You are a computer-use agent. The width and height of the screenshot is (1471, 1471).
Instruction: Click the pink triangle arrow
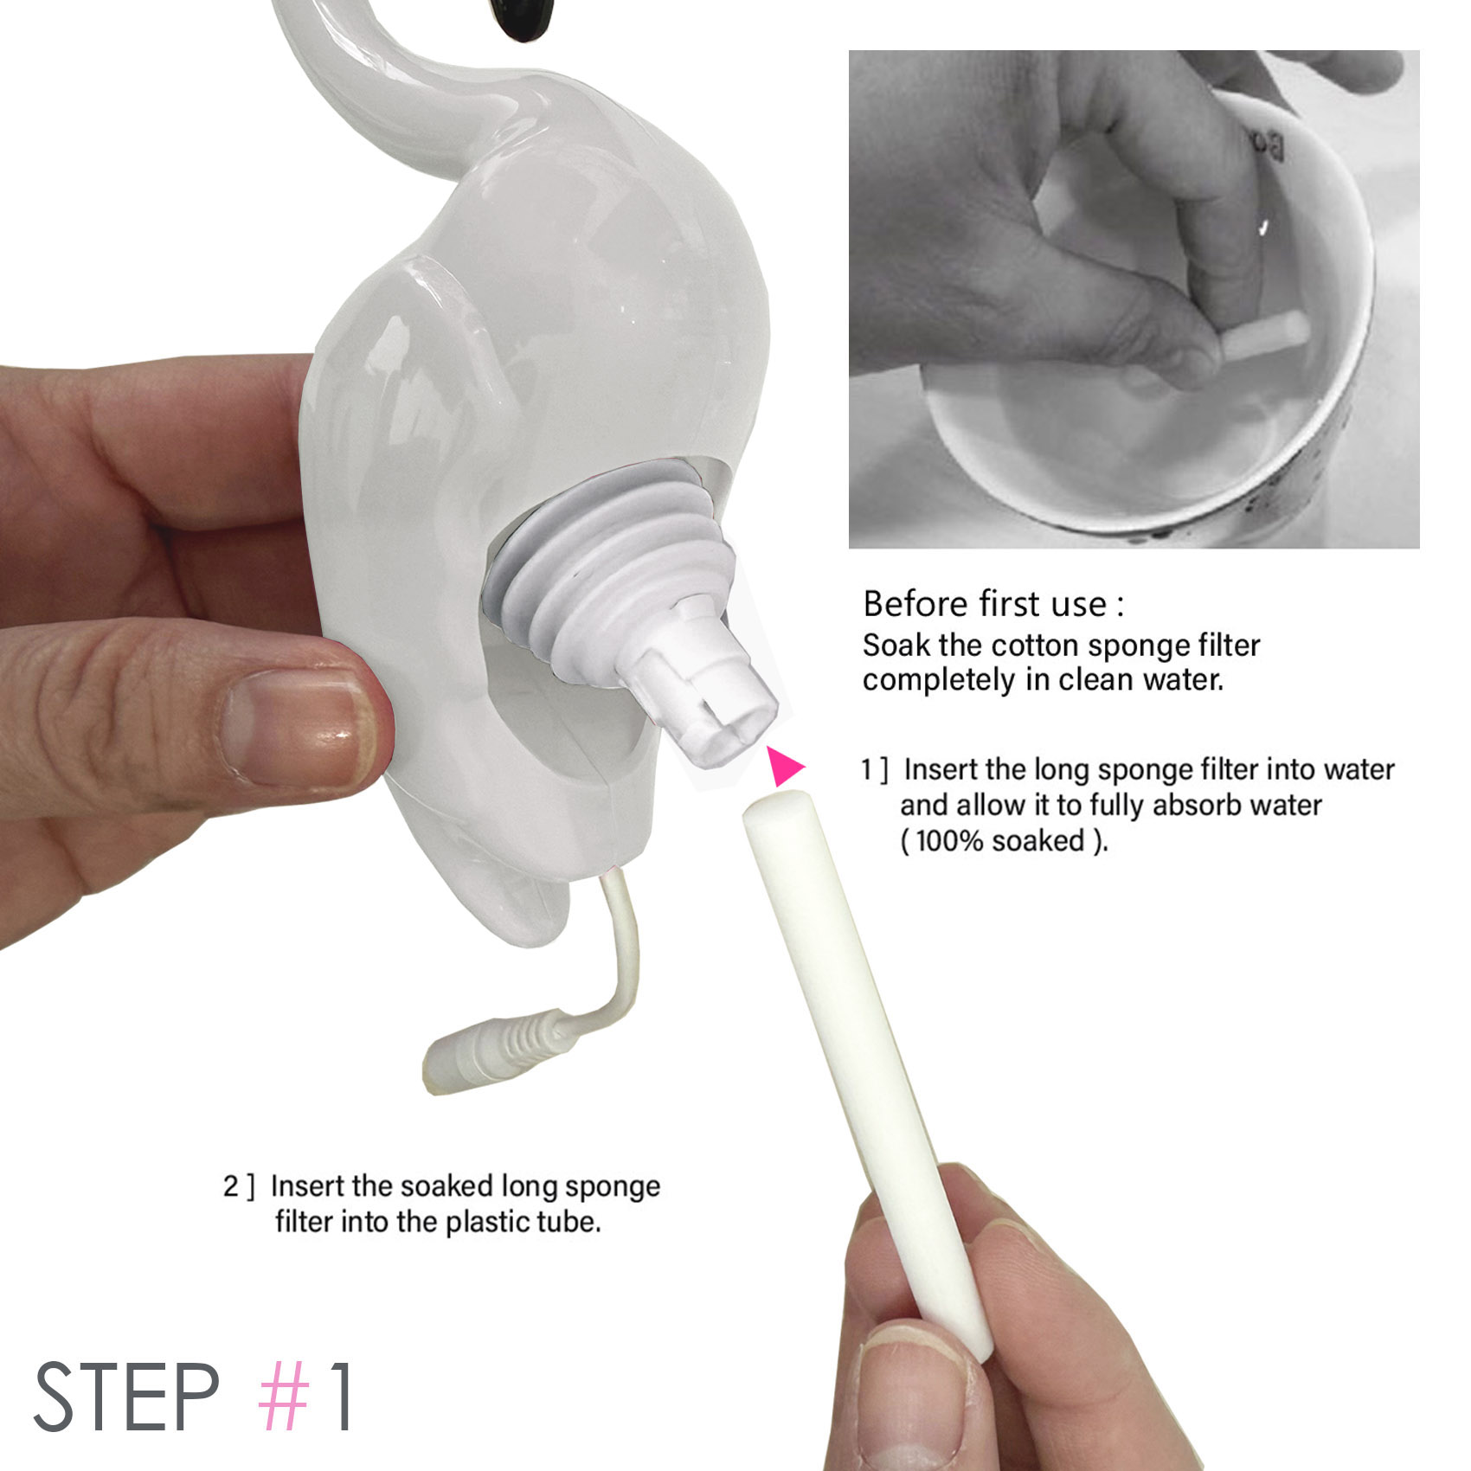click(784, 767)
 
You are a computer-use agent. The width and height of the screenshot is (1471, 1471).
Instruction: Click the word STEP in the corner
click(126, 1397)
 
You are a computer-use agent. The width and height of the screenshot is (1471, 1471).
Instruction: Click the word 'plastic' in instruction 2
click(486, 1221)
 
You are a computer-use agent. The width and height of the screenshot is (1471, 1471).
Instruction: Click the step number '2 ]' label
click(239, 1185)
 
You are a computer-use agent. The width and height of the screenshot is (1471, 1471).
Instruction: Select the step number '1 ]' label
click(875, 769)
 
